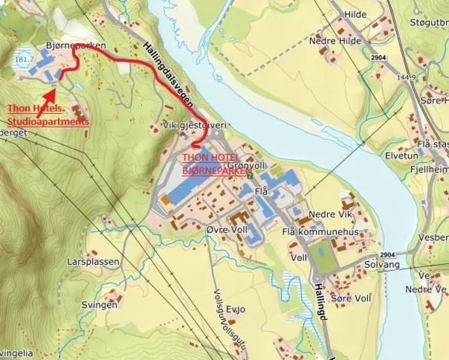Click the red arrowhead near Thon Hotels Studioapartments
click(x=49, y=94)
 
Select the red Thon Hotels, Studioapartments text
click(x=48, y=115)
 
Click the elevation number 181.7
click(x=25, y=58)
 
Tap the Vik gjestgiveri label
click(x=194, y=126)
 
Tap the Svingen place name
click(x=100, y=305)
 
